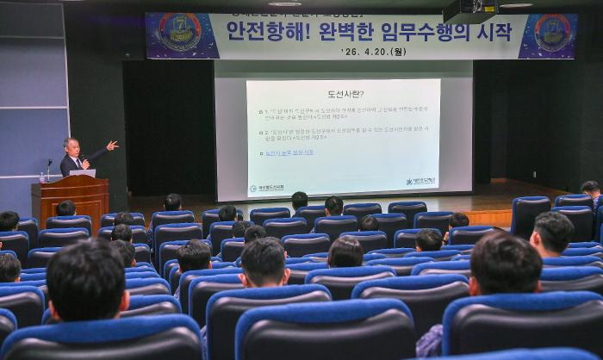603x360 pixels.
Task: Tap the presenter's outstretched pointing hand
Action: pyautogui.click(x=112, y=146)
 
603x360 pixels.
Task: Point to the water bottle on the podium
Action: pyautogui.click(x=41, y=177)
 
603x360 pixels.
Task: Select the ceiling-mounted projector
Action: pyautogui.click(x=470, y=9)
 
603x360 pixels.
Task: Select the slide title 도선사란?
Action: pyautogui.click(x=345, y=93)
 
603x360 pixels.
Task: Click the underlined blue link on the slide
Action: pyautogui.click(x=289, y=152)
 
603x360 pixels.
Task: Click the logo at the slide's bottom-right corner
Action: pyautogui.click(x=420, y=181)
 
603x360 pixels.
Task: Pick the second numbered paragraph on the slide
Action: pyautogui.click(x=345, y=135)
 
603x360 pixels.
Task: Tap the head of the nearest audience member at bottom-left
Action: pyautogui.click(x=86, y=279)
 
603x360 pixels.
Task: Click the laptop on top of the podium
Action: pyautogui.click(x=83, y=172)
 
